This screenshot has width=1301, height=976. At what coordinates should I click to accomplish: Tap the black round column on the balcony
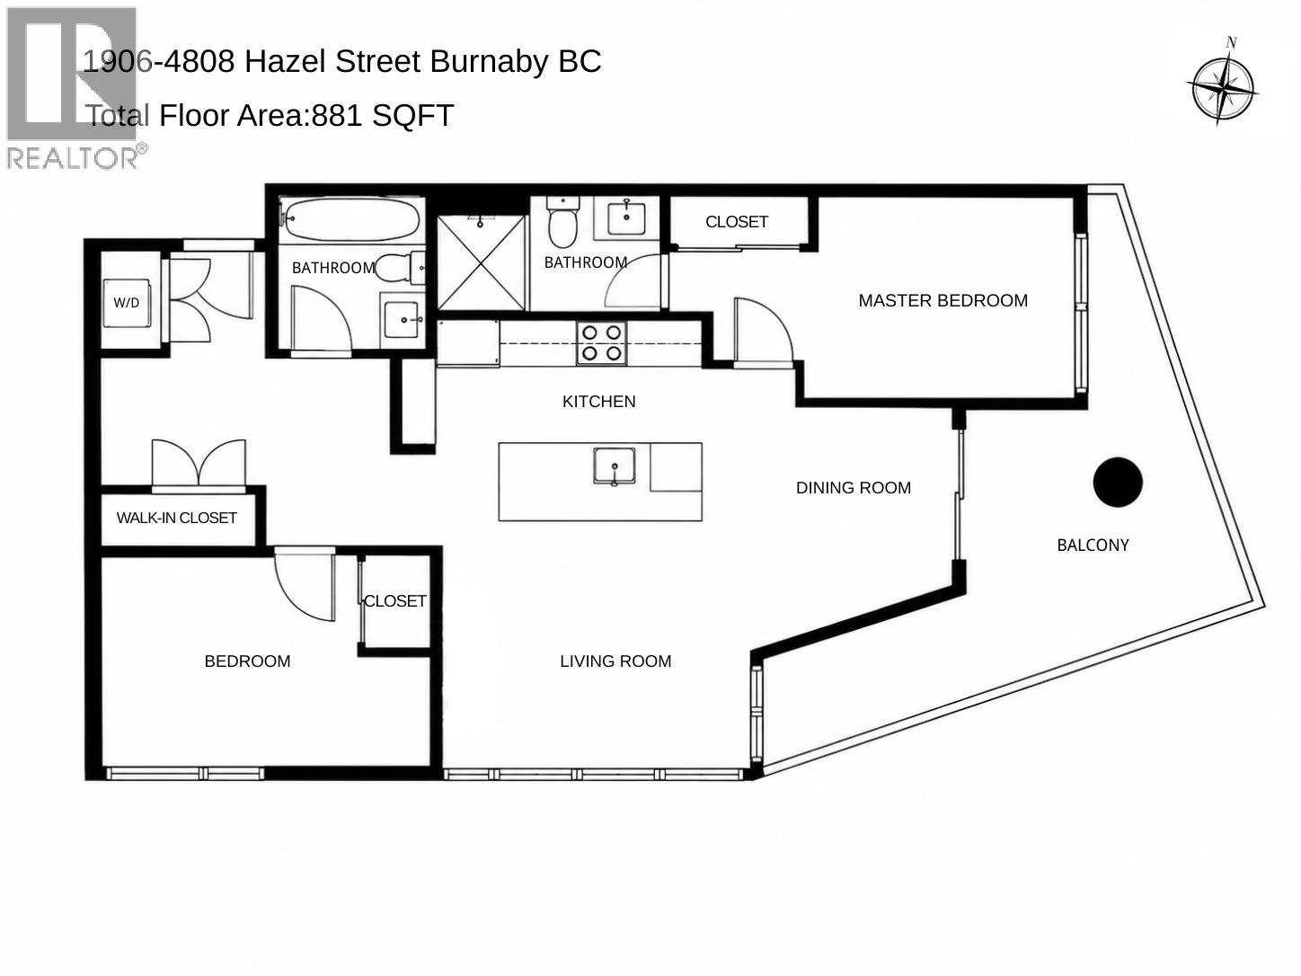coord(1117,483)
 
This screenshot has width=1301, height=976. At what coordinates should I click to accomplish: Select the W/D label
coord(127,303)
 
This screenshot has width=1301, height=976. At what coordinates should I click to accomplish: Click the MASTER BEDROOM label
coord(943,300)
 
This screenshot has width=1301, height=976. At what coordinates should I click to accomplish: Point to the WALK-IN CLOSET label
coord(177,518)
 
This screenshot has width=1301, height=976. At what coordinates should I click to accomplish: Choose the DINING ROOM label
coord(854,488)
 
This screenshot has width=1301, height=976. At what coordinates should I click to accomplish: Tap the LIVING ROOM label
coord(615,661)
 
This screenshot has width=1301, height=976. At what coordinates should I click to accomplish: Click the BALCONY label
coord(1093,546)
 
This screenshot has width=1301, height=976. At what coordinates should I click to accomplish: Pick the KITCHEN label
coord(598,402)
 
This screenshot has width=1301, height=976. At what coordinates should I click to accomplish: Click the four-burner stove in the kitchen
coord(602,343)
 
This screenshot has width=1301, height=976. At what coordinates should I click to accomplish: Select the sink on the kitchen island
coord(615,466)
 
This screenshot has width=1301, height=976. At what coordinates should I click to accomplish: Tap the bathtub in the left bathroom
coord(352,219)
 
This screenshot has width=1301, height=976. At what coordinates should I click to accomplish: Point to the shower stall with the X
coord(482,262)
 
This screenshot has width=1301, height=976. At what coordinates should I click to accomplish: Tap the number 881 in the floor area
coord(337,115)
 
